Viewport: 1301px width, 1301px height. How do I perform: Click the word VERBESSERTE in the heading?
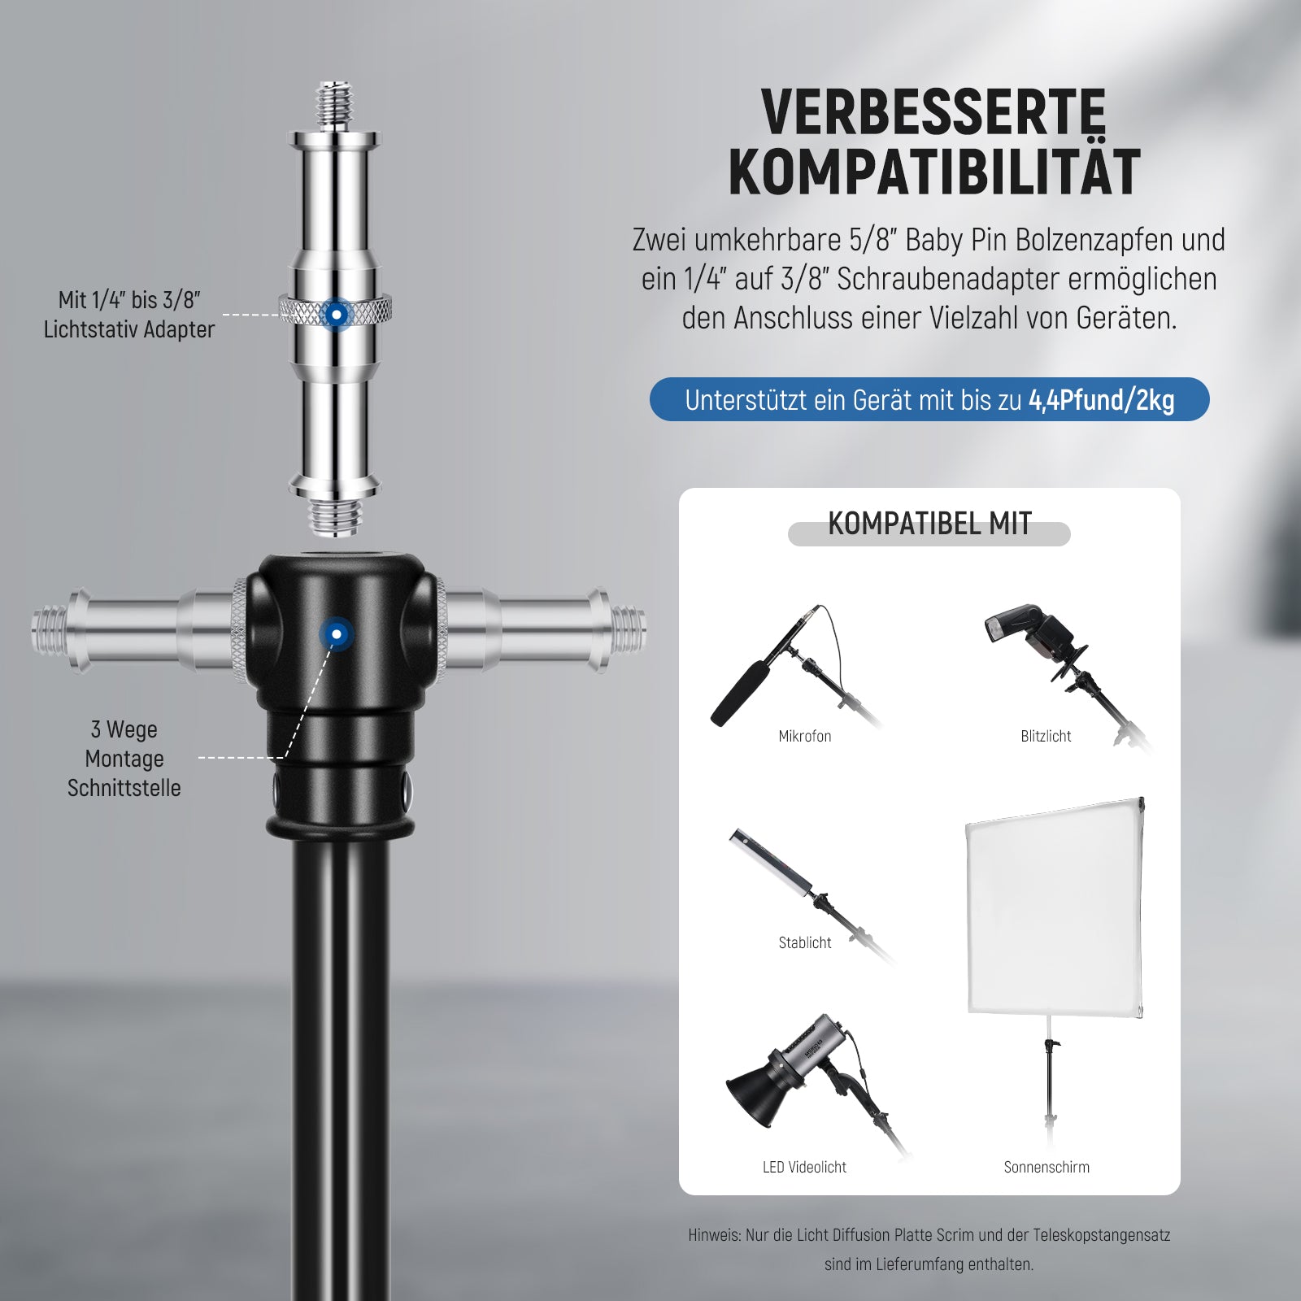point(933,112)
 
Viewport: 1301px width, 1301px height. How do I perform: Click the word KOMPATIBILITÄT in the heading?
point(934,172)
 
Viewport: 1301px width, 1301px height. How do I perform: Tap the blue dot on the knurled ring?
point(336,313)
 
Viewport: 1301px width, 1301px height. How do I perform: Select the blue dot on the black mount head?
point(336,633)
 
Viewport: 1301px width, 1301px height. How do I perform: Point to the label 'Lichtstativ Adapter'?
point(129,329)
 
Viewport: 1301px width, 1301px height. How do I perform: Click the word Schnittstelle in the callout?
point(124,788)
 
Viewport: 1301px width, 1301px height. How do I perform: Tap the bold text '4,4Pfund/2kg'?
point(1101,400)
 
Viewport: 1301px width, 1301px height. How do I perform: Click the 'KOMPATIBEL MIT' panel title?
point(929,524)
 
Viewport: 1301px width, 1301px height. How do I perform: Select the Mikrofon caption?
point(805,736)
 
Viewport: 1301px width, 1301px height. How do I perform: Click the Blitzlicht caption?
point(1046,736)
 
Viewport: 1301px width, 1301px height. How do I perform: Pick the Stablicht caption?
point(805,942)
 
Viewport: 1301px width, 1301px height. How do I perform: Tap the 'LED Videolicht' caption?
point(805,1167)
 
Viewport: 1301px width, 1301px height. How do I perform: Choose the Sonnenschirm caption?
point(1046,1167)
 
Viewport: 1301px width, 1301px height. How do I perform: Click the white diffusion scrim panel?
point(1055,907)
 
